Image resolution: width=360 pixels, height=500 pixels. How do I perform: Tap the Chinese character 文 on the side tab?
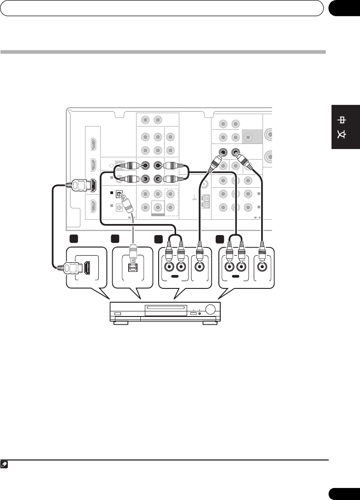pos(344,136)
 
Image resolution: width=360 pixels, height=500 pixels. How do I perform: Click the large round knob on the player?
pos(210,310)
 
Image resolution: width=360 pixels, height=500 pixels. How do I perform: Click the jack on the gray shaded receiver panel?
pos(248,137)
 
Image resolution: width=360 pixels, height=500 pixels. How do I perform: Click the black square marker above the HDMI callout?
pos(73,239)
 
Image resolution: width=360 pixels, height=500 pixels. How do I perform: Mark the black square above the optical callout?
pos(115,239)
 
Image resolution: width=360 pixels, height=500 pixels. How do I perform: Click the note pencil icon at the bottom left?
pos(4,465)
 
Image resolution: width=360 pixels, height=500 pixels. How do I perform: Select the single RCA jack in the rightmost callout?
pos(262,266)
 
